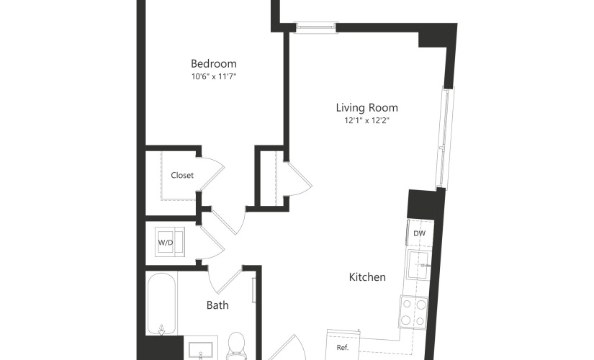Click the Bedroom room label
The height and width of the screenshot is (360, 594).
(214, 63)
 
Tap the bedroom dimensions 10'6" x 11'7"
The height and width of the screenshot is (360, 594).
(214, 76)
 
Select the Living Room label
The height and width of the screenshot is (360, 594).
(366, 107)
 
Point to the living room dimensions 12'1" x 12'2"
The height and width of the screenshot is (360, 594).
(366, 120)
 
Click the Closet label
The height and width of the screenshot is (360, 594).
(182, 175)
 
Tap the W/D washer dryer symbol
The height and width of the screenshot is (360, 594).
(170, 242)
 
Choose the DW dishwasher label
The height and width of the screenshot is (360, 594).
(419, 233)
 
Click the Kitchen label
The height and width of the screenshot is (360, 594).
(367, 277)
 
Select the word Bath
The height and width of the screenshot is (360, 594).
(217, 305)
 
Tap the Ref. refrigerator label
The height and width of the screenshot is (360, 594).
(343, 347)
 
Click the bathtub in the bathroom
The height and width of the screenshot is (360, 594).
(162, 304)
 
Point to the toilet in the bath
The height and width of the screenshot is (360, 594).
(237, 346)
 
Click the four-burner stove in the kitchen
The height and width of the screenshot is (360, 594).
(413, 312)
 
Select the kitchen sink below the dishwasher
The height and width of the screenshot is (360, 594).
(418, 265)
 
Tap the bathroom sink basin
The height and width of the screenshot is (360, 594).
(200, 351)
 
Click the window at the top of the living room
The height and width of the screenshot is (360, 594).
(316, 27)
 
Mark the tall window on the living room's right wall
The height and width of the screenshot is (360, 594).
(445, 138)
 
